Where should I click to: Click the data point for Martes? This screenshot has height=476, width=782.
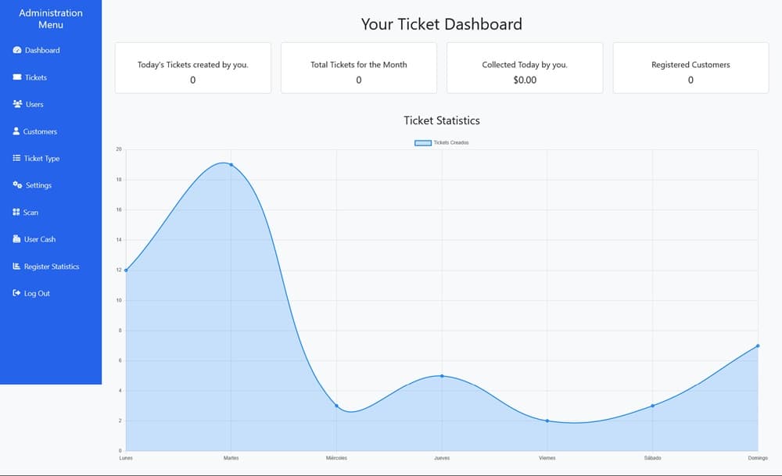coord(231,165)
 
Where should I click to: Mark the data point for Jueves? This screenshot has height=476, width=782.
coord(442,376)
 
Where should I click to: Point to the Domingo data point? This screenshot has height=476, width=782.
coord(758,345)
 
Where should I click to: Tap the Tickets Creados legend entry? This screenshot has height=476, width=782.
coord(442,142)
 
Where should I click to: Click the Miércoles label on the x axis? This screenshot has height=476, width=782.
coord(336,458)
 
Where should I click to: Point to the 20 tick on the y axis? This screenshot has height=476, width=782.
coord(119,149)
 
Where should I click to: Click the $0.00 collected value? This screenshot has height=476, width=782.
coord(525,80)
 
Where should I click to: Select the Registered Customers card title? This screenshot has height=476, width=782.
coord(691,65)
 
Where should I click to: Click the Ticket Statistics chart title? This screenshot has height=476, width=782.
coord(442,120)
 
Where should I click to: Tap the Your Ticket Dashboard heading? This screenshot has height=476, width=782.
coord(442,24)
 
